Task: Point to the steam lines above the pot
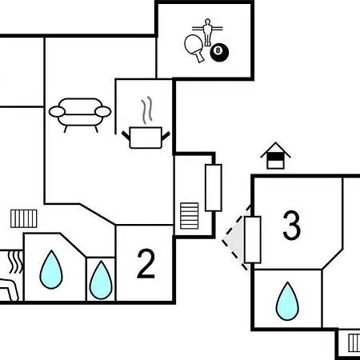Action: [146, 110]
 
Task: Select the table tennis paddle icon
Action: [194, 48]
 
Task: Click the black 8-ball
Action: [219, 52]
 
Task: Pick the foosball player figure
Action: [207, 32]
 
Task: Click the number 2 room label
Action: [146, 264]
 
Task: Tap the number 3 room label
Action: [291, 225]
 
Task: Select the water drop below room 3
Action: [287, 301]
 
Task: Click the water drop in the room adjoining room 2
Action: [101, 280]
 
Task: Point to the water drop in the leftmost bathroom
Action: [51, 270]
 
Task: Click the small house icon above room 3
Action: [275, 156]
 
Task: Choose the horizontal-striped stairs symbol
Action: [190, 216]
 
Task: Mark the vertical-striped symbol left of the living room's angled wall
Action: [24, 218]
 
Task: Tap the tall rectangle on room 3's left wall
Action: [253, 240]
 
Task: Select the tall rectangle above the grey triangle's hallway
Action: [214, 188]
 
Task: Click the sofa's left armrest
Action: [57, 112]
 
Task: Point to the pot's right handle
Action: [166, 135]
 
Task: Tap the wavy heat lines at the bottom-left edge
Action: [15, 262]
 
